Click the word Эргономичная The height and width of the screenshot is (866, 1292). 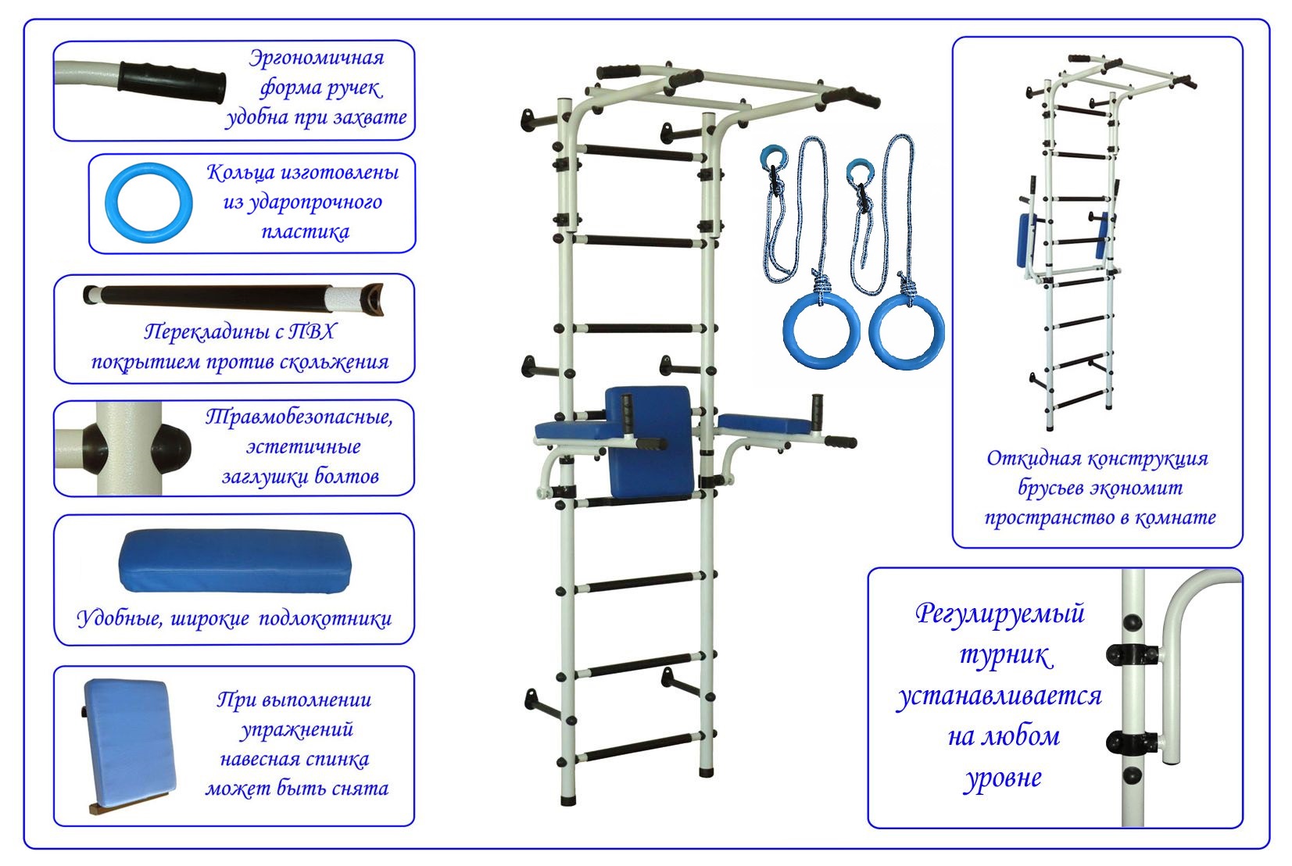pos(317,59)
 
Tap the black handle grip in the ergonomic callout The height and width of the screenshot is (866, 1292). pos(172,81)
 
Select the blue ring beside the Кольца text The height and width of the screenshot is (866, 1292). pos(149,202)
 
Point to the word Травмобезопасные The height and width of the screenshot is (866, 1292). pos(299,417)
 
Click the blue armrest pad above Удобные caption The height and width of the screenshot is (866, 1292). pos(235,561)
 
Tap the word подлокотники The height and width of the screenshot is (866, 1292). pos(325,619)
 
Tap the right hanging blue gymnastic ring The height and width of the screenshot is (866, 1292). pos(907,331)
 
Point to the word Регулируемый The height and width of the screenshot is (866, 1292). pos(1000,614)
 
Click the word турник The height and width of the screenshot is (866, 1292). pos(1006,656)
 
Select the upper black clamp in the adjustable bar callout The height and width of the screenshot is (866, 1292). pos(1133,654)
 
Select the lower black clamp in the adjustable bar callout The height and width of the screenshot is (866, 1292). pos(1133,743)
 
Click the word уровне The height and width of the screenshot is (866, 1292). pos(1004,778)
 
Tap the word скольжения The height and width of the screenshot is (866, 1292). pos(334,363)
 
